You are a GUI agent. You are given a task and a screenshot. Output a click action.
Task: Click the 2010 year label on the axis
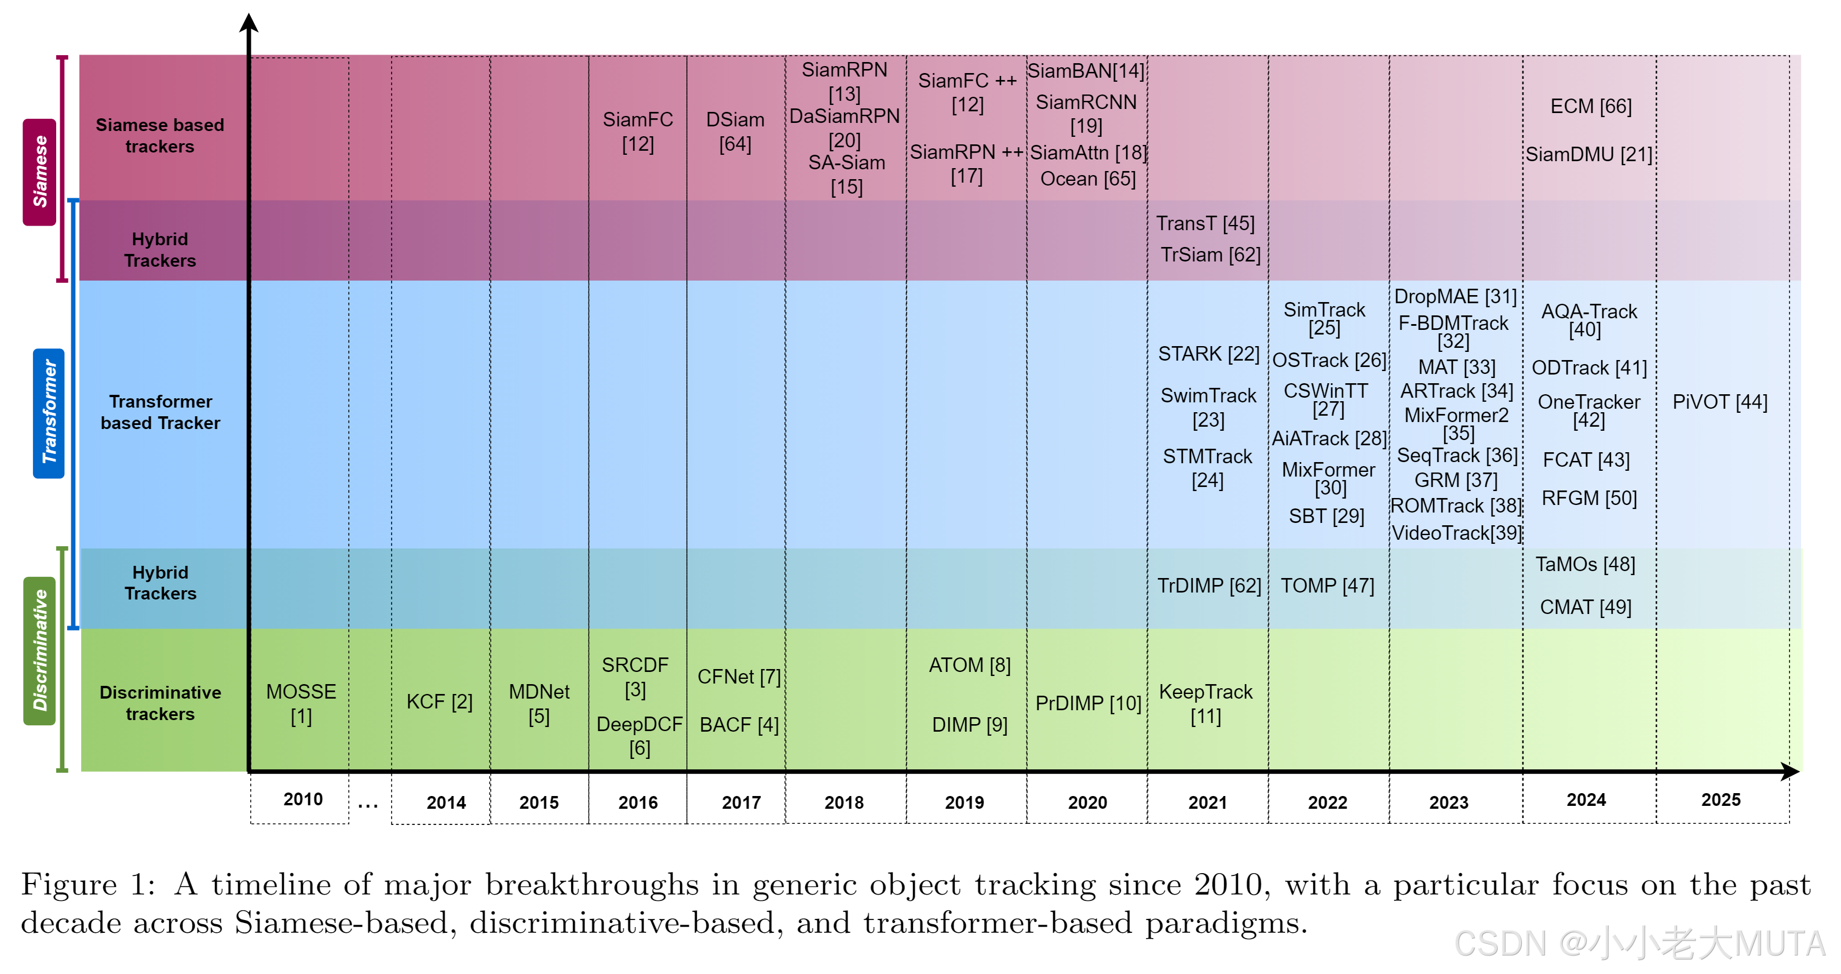[302, 799]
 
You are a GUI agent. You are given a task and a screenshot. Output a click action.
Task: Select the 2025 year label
[1721, 799]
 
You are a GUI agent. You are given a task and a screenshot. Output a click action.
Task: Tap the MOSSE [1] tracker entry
[301, 703]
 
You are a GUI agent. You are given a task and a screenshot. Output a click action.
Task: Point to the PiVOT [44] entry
[1719, 402]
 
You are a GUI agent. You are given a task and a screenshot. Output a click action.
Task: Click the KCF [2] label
[439, 702]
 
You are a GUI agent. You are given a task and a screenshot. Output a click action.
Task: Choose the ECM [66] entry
[1590, 107]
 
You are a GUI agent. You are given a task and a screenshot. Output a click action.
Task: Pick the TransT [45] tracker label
[1205, 224]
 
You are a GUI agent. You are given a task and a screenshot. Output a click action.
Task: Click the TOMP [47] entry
[1327, 586]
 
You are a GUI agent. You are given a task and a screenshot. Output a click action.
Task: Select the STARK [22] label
[1208, 354]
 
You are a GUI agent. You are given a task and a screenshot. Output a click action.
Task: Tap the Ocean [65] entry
[1087, 179]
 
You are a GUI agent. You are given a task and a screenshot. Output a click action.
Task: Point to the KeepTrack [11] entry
[1206, 703]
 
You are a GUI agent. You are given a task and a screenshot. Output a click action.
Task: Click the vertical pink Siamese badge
[40, 172]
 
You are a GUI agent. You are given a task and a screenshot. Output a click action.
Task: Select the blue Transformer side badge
[49, 413]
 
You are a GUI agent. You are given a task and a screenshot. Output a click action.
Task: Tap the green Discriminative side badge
[40, 650]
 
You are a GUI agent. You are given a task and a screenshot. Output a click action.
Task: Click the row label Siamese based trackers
[159, 135]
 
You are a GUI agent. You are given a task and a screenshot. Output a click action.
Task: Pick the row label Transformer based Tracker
[160, 412]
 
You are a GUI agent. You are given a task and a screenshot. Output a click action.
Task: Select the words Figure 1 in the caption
[87, 885]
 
